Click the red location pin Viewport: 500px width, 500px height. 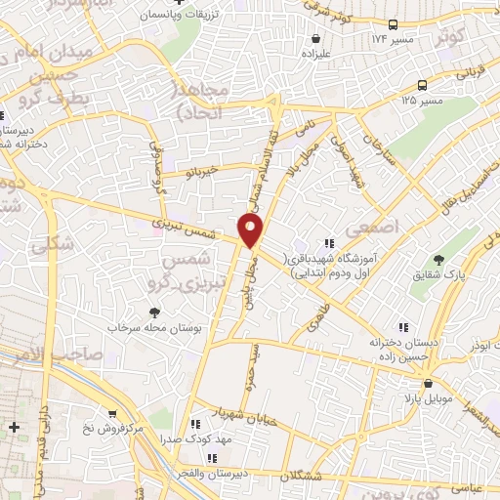251,229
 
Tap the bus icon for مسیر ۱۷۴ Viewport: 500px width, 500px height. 393,23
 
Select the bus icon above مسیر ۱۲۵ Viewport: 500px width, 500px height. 422,85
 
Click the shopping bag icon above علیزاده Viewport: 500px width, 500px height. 315,38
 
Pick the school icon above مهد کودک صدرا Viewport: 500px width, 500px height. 195,424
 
